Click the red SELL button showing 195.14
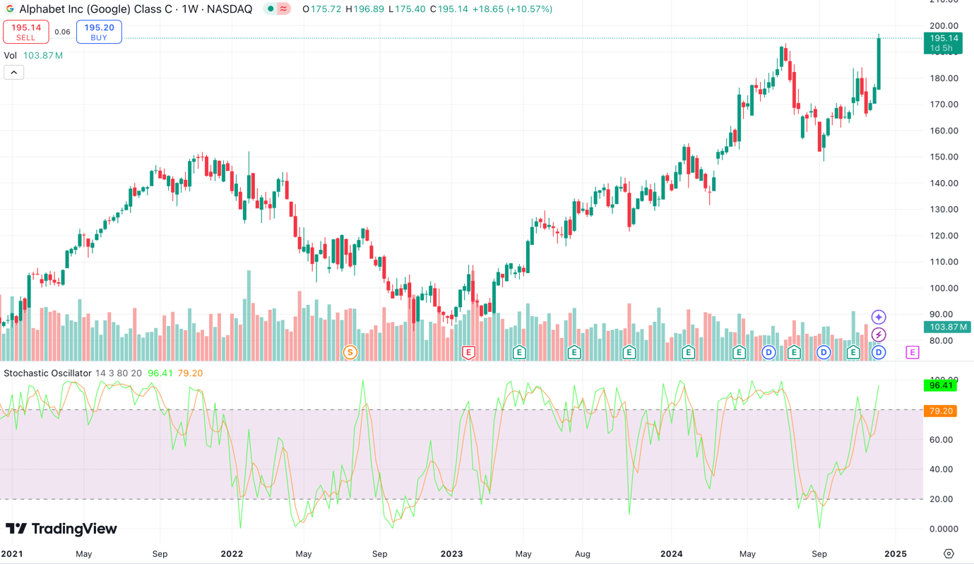26,32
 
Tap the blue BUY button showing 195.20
99,32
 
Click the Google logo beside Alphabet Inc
10,9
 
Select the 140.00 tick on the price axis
944,184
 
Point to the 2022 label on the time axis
232,553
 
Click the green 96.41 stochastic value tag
940,385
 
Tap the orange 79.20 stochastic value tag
940,411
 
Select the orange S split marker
350,352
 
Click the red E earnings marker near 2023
468,352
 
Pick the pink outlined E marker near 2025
913,352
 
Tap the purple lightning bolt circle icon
879,335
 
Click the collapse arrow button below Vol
13,72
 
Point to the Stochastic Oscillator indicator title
48,373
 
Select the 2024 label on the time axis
671,553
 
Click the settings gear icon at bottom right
949,553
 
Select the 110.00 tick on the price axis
944,262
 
